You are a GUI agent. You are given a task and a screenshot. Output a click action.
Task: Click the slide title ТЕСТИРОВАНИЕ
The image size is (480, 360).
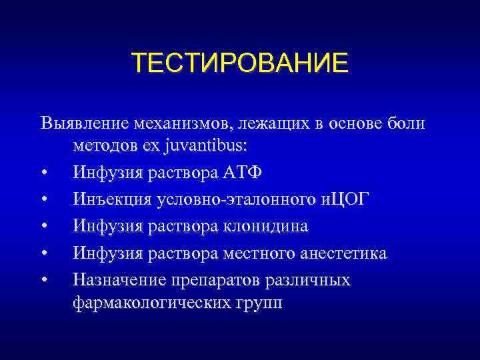(239, 63)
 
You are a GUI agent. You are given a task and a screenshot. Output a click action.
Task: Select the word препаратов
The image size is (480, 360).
(223, 280)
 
